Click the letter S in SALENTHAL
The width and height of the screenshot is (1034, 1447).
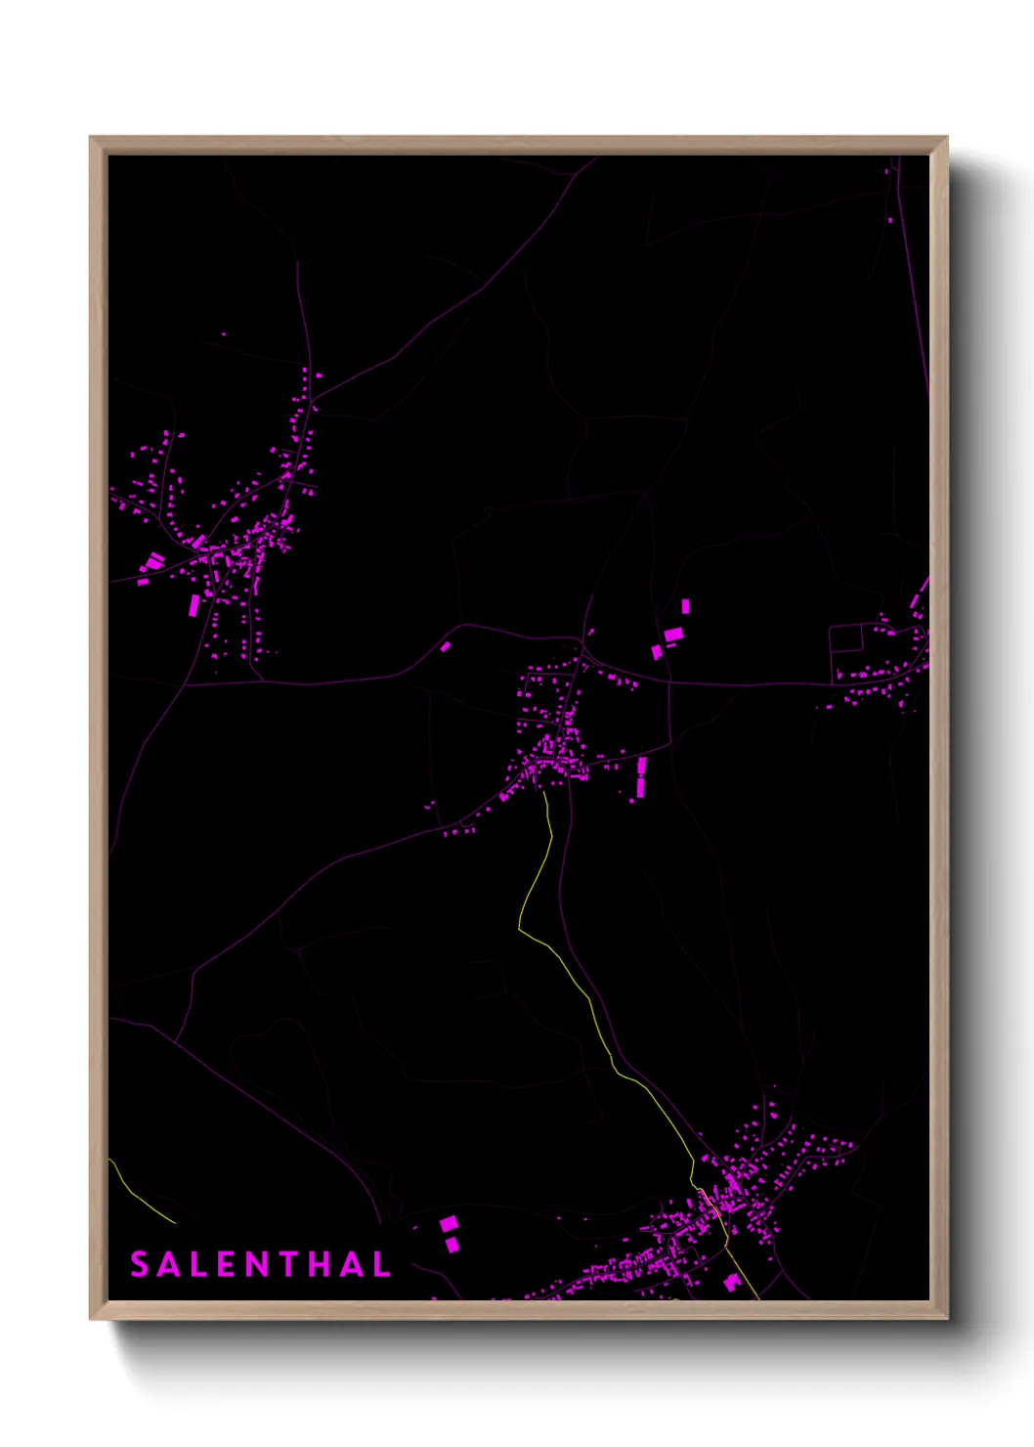pos(139,1264)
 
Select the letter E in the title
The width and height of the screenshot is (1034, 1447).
pos(226,1264)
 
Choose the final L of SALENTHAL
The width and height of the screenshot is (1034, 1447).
pos(381,1264)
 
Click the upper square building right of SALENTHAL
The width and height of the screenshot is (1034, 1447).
pos(448,1223)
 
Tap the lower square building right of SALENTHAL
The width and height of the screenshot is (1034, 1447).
pos(452,1245)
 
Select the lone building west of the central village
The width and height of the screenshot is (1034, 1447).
pos(446,646)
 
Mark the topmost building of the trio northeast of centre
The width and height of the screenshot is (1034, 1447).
pos(685,606)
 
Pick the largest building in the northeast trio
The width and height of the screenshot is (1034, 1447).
pos(673,636)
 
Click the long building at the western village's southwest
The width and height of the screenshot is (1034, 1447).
pos(194,605)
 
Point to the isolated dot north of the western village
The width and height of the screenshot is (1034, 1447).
pos(223,334)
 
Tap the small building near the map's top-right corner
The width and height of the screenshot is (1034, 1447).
pos(889,220)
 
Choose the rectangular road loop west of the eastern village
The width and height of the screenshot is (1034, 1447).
pos(846,638)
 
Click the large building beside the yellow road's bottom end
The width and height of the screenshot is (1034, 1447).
pos(732,1282)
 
